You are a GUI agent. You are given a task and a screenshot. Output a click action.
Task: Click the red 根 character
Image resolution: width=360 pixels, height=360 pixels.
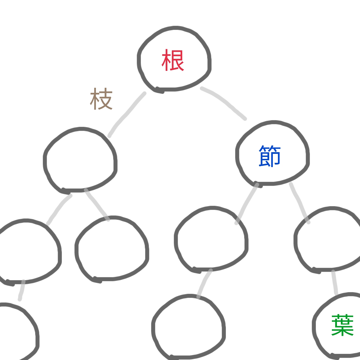pos(173,60)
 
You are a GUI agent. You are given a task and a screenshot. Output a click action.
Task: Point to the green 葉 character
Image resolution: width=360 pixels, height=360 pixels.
pos(342,325)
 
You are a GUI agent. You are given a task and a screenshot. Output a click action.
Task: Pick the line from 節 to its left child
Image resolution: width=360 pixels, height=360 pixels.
pos(246,204)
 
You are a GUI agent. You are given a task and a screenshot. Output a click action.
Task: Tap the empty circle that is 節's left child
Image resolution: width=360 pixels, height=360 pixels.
pos(211,239)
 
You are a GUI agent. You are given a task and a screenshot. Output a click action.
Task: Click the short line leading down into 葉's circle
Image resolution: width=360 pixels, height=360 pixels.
pos(334,282)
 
